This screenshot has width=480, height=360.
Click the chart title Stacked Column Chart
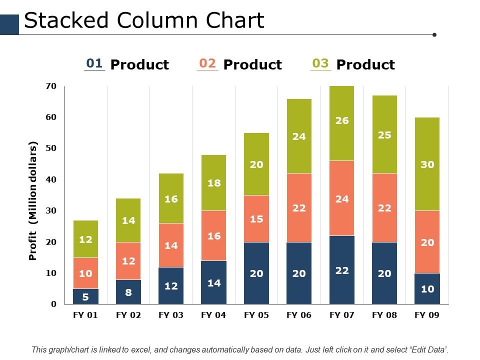[144, 21]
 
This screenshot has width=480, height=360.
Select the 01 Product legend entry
[126, 64]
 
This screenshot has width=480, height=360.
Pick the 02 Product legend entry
[239, 64]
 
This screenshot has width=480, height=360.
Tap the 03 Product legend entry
[352, 64]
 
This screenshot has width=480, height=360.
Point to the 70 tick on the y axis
[51, 86]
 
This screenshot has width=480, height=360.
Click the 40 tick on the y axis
[51, 179]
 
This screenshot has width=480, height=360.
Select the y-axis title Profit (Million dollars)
[33, 201]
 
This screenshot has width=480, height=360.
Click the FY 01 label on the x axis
[85, 315]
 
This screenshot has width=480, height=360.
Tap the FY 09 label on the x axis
[427, 315]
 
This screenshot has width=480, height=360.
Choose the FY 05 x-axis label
[256, 315]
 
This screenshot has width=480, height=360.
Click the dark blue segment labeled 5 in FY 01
[85, 296]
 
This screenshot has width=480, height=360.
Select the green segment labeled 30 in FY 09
[427, 164]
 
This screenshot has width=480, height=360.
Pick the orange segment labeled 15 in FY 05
[256, 218]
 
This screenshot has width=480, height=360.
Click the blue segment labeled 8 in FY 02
[128, 292]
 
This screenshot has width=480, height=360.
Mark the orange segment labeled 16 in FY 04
[213, 235]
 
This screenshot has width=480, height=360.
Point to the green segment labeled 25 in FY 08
[384, 134]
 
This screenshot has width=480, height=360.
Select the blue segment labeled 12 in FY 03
[171, 285]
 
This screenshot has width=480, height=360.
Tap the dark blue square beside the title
[9, 24]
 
